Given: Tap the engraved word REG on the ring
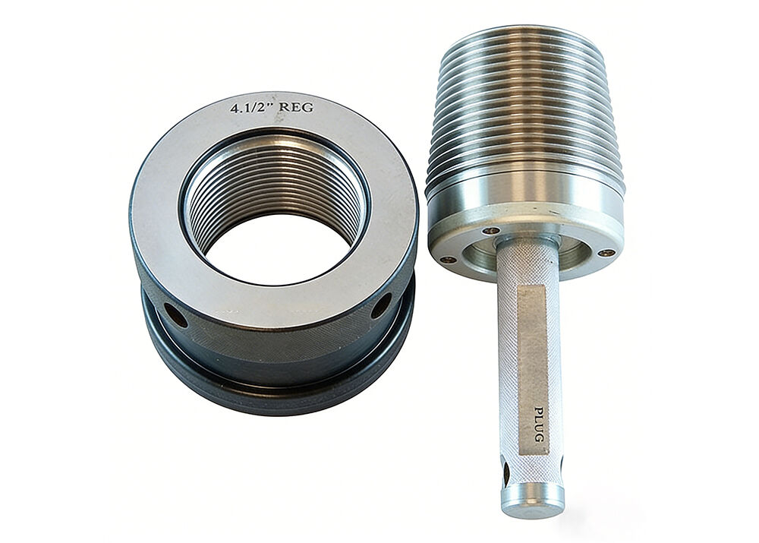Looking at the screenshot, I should [295, 107].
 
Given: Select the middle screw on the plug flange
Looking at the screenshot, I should [490, 230].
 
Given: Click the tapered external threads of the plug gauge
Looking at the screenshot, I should [524, 114].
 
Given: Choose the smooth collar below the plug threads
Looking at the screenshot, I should [524, 205].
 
